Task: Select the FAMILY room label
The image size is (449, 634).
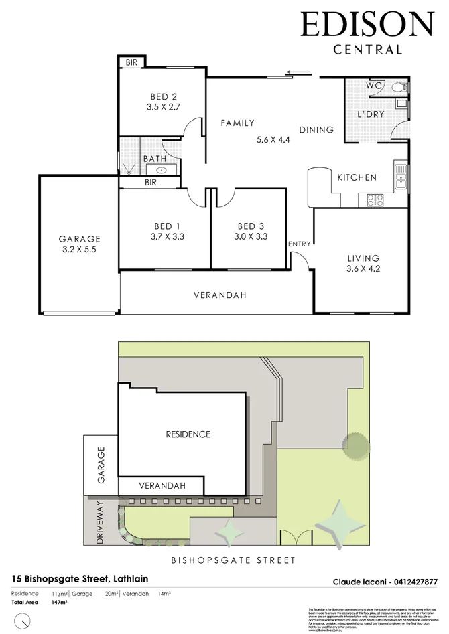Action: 238,123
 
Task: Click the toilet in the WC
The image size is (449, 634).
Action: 399,86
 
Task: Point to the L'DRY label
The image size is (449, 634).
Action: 371,114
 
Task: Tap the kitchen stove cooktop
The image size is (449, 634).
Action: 373,199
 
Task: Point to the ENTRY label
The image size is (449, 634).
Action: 299,244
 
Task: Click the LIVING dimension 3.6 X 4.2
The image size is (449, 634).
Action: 363,270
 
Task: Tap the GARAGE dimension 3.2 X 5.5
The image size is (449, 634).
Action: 79,250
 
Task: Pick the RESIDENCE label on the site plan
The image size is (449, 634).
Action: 188,434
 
